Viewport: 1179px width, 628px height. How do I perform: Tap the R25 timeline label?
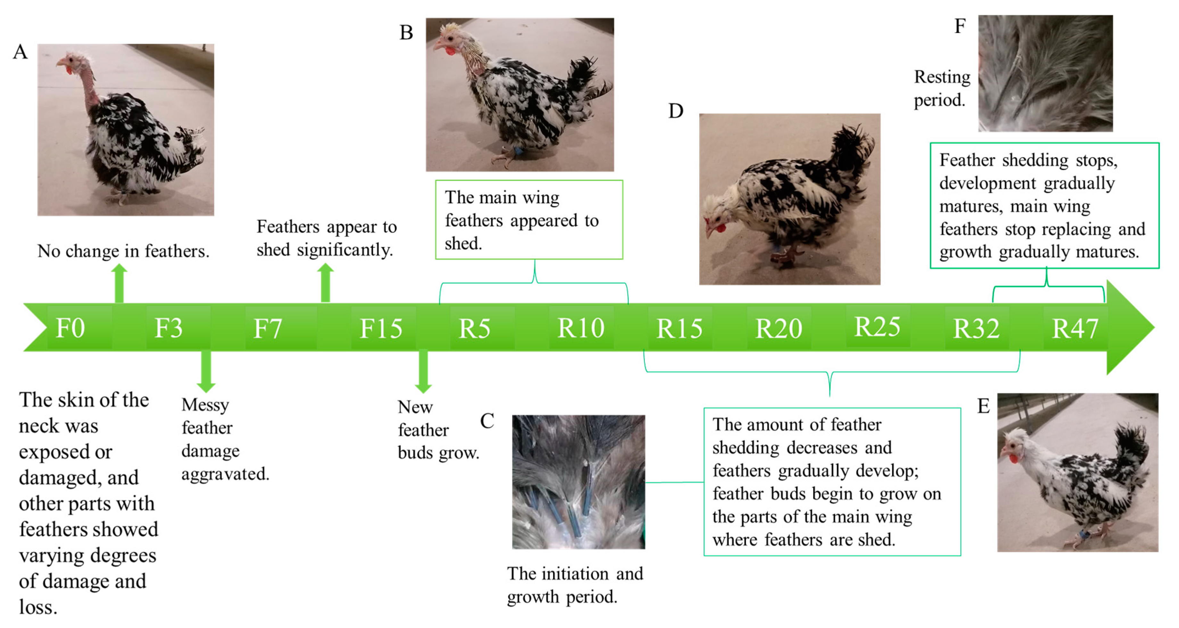click(877, 327)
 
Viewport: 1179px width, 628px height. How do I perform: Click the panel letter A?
click(20, 52)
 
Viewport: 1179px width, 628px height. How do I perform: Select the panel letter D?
click(675, 111)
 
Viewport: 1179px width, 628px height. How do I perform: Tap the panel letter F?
click(960, 26)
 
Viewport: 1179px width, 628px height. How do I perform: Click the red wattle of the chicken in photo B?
click(451, 50)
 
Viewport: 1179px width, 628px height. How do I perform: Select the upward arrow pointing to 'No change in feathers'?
click(119, 283)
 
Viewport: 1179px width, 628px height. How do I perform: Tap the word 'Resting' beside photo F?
click(942, 77)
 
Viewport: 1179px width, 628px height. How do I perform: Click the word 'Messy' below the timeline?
click(205, 405)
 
